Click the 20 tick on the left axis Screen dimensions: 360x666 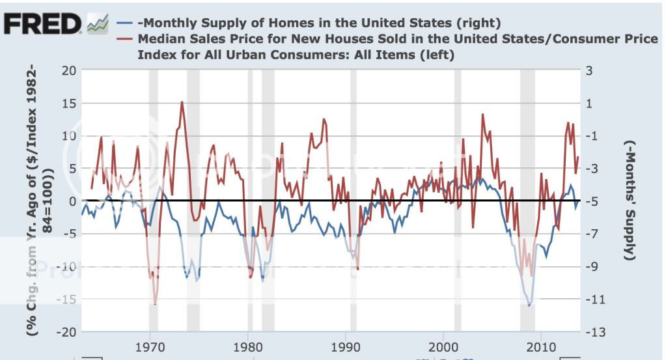point(70,70)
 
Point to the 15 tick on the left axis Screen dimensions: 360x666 point(70,103)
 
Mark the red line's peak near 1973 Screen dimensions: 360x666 point(182,102)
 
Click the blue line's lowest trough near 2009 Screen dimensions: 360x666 point(529,305)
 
